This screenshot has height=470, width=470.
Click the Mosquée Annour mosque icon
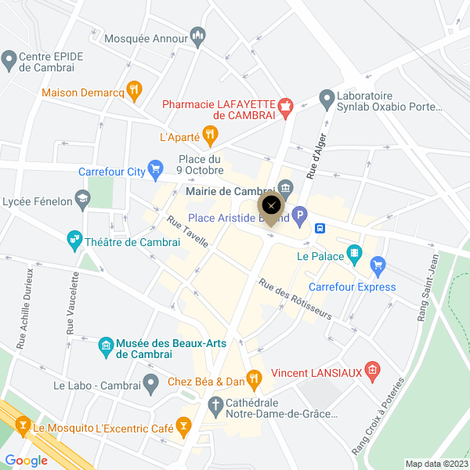coord(197,35)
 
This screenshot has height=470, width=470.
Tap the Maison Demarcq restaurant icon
coord(134,92)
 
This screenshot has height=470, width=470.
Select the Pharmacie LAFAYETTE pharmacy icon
coord(286,107)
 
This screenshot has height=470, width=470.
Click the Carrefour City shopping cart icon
coord(155,167)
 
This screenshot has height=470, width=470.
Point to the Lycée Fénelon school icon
coord(82,199)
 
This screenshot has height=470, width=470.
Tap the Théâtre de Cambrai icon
coord(74,239)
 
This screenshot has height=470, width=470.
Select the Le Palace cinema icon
coord(355,253)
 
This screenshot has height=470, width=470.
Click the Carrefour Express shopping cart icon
coord(378,265)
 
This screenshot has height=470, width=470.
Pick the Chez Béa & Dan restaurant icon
coord(254,381)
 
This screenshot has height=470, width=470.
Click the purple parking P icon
coord(299,214)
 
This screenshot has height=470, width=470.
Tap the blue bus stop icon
coord(320,228)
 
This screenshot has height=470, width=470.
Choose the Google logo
coord(26,460)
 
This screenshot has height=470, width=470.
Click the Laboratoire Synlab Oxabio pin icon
coord(326,98)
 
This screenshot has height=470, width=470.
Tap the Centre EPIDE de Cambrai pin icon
coord(9,57)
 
